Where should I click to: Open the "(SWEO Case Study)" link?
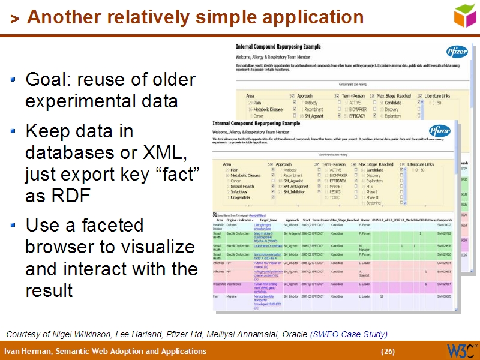[x=349, y=334]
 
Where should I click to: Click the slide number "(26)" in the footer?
[x=388, y=351]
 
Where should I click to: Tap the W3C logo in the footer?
[x=461, y=350]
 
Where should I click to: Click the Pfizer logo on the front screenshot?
[x=439, y=130]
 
